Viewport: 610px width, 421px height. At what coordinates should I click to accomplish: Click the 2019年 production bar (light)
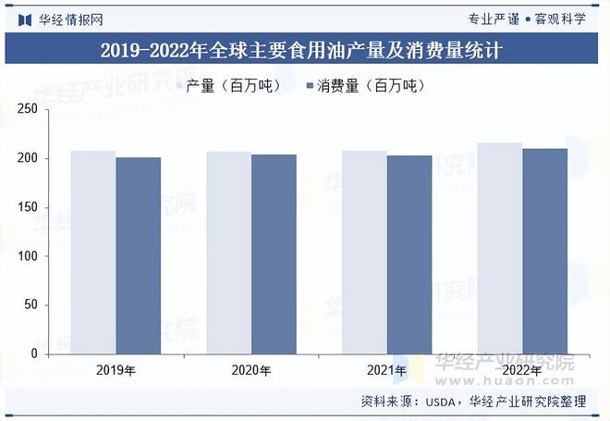93,252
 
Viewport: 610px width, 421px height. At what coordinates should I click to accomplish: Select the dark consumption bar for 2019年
138,255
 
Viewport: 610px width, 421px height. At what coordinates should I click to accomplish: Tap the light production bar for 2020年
228,253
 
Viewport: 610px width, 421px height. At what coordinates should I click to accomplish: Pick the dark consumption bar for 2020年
274,254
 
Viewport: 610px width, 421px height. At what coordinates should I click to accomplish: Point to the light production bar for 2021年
364,252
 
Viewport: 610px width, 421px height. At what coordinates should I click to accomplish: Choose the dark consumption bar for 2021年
409,254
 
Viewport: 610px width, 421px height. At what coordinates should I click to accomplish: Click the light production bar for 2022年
500,248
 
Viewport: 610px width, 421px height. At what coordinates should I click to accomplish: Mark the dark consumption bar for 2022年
544,251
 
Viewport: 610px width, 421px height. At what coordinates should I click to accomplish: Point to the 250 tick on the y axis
52,110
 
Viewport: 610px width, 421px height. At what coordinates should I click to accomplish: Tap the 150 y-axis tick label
52,207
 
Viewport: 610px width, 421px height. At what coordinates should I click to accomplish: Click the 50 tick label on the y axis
55,304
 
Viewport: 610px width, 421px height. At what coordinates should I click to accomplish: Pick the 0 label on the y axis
59,353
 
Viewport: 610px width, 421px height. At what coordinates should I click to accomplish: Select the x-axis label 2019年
116,371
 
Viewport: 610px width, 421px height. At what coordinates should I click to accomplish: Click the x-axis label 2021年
386,371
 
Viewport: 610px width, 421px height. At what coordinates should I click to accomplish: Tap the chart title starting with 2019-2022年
305,50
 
